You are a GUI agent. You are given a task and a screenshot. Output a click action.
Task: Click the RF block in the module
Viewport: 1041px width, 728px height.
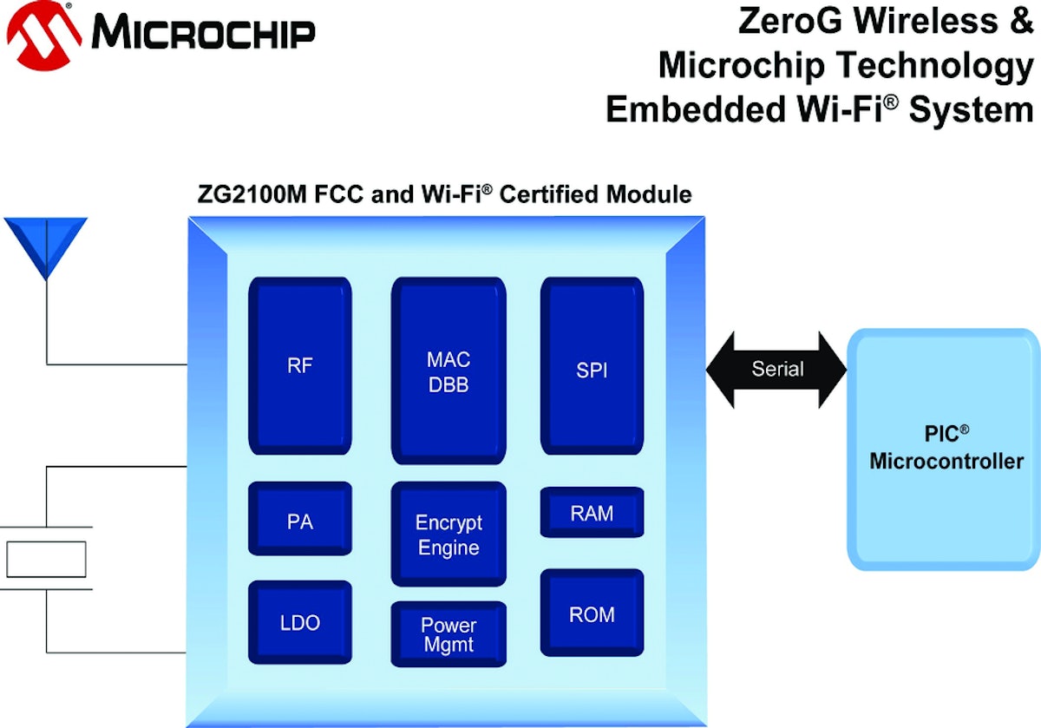pyautogui.click(x=300, y=365)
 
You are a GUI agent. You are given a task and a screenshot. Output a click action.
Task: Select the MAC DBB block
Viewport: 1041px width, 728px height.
pyautogui.click(x=448, y=371)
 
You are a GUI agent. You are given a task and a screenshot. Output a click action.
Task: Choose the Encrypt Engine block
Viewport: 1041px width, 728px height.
pyautogui.click(x=448, y=535)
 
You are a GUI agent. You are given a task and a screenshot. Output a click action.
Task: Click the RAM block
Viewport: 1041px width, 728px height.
pyautogui.click(x=592, y=513)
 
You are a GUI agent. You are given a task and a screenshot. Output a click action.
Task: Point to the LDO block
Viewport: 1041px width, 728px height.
pyautogui.click(x=300, y=621)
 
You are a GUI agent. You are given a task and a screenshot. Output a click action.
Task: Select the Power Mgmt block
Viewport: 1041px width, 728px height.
pyautogui.click(x=448, y=634)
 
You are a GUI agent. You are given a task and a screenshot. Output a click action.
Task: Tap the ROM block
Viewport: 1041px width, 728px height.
pyautogui.click(x=592, y=613)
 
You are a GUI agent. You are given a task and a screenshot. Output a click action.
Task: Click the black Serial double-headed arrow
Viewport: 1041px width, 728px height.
pyautogui.click(x=777, y=369)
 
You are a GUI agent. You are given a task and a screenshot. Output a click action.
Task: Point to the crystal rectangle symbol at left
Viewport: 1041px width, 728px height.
pyautogui.click(x=46, y=559)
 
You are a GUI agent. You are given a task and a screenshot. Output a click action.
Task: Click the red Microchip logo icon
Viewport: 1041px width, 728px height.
pyautogui.click(x=43, y=35)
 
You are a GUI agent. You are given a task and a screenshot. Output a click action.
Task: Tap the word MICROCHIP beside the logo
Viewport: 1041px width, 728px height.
pyautogui.click(x=203, y=35)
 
